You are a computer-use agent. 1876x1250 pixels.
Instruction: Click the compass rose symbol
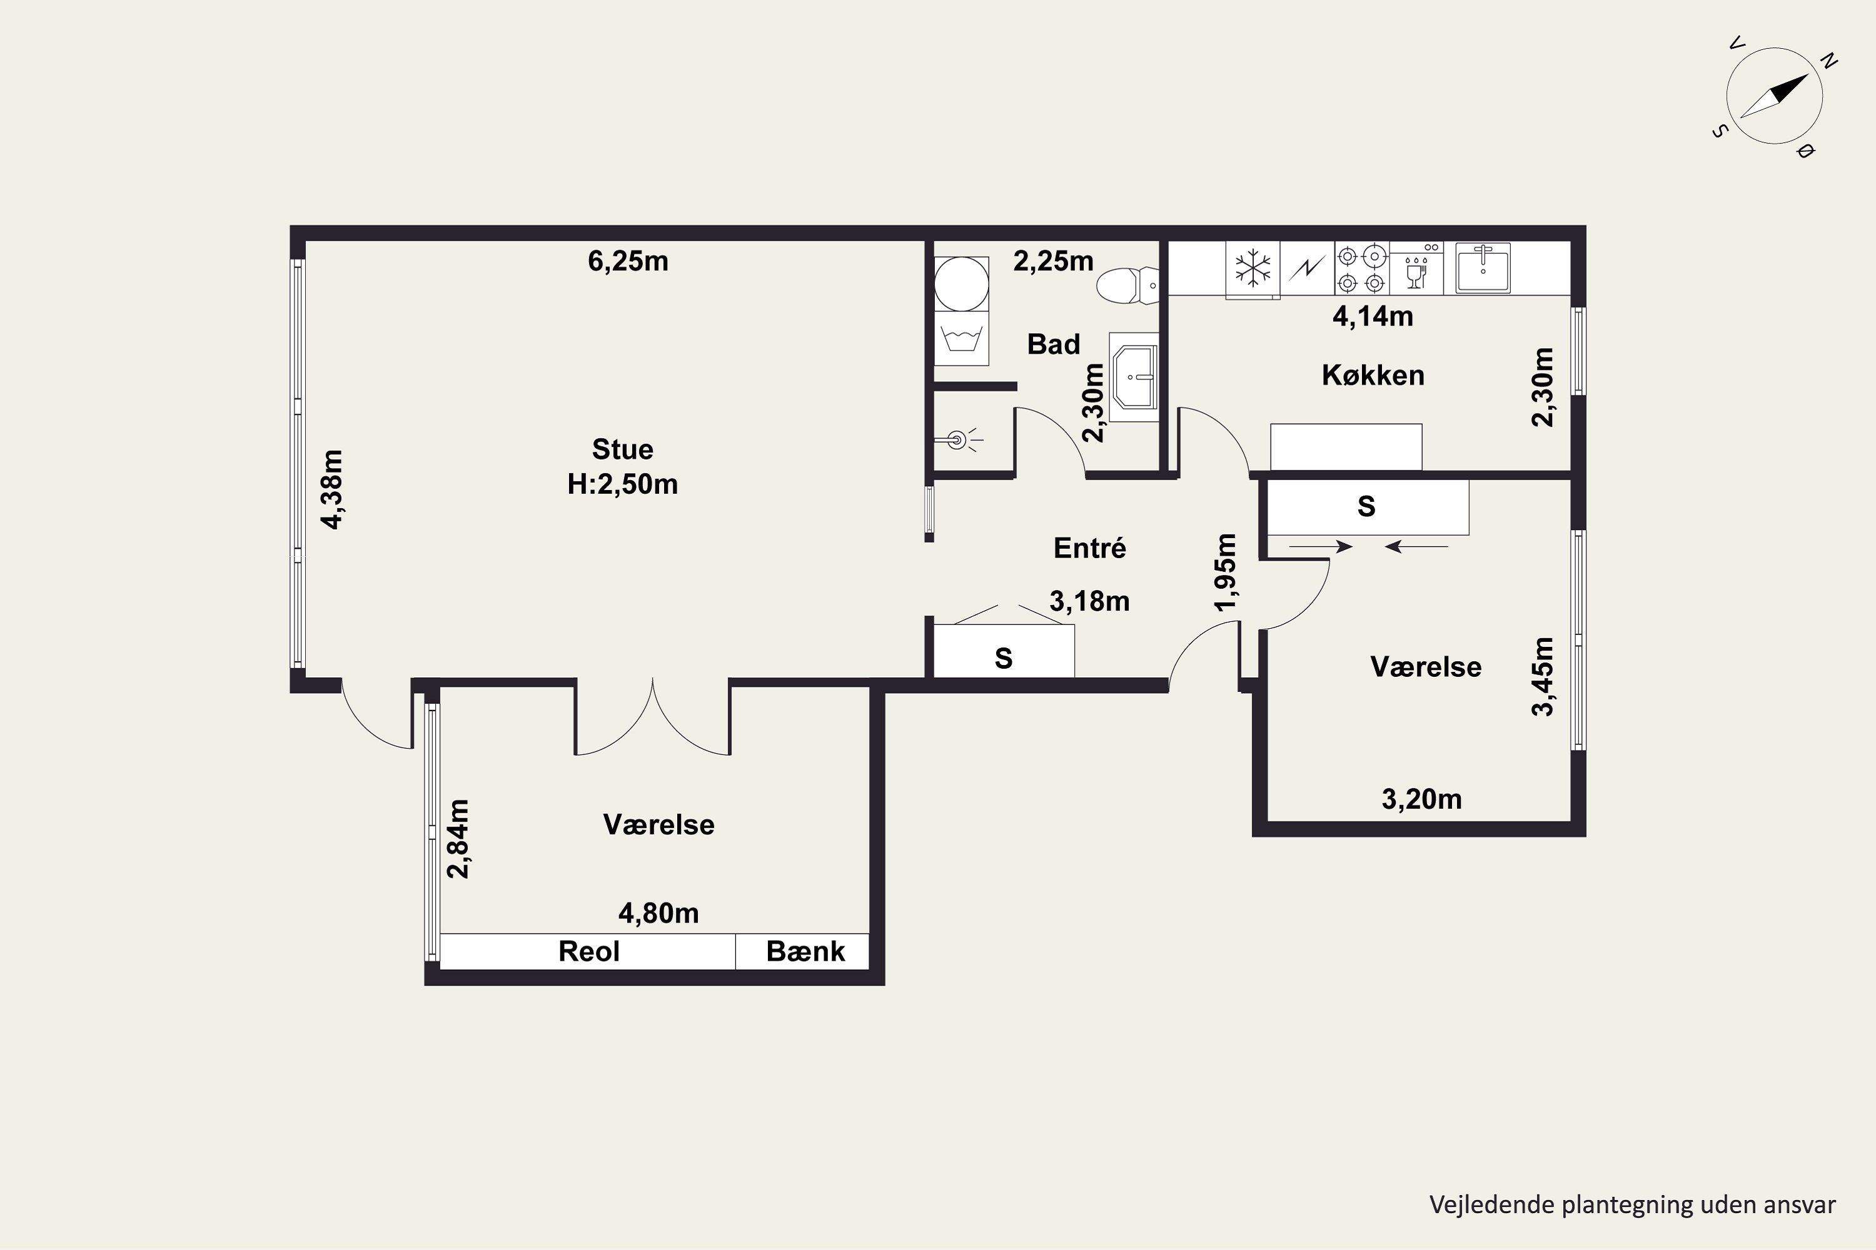click(x=1774, y=96)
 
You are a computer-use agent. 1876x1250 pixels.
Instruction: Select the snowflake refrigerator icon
click(x=1253, y=269)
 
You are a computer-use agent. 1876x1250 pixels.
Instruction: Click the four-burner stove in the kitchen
click(x=1361, y=269)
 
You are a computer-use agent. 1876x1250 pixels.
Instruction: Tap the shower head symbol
click(x=959, y=439)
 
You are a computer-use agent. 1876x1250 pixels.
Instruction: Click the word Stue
click(x=622, y=449)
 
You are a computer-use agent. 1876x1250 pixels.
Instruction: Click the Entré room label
click(x=1089, y=547)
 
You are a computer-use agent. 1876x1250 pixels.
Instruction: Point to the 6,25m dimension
click(x=628, y=261)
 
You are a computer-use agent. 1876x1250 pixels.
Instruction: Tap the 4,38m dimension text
click(x=332, y=489)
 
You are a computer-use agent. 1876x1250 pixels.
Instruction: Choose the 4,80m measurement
click(x=659, y=912)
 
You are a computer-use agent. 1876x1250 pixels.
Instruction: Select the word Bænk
click(x=805, y=951)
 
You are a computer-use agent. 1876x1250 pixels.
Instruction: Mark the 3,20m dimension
click(x=1421, y=799)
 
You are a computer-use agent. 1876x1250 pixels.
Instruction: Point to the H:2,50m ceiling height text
click(x=622, y=484)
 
